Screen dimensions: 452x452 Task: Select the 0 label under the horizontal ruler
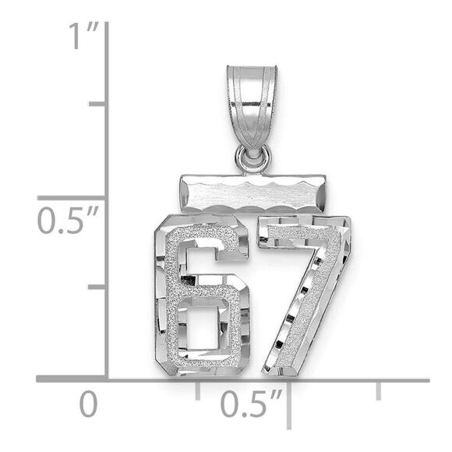coord(90,404)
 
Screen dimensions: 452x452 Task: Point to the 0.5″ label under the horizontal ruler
coord(250,404)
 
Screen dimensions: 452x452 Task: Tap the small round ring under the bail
coord(252,159)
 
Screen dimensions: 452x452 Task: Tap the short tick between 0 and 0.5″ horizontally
coord(197,389)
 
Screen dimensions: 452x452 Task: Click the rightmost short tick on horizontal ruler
coord(379,390)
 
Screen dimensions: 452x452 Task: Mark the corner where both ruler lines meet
coord(107,380)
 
